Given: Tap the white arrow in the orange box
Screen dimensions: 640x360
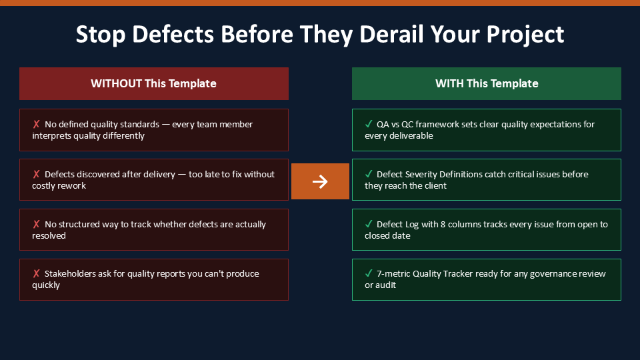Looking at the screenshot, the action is (x=320, y=181).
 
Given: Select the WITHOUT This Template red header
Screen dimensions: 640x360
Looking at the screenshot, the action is (x=154, y=84).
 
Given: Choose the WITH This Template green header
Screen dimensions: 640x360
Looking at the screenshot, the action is (x=487, y=84).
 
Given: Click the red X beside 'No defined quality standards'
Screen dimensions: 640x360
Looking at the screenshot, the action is (x=36, y=124).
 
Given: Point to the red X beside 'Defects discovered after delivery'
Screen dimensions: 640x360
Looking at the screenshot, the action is (x=36, y=174).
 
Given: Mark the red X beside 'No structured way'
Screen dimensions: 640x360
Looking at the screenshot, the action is (x=36, y=224).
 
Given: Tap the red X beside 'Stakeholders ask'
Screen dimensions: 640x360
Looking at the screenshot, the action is (x=36, y=273).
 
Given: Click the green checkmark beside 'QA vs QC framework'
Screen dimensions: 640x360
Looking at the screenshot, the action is (x=369, y=124).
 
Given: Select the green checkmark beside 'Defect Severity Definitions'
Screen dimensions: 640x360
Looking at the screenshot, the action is (x=369, y=174).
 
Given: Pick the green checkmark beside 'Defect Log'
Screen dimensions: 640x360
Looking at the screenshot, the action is (x=369, y=224).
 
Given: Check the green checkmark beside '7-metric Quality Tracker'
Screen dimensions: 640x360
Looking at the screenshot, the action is (x=369, y=273).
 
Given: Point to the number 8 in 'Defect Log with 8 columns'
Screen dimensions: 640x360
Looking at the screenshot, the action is (x=443, y=224).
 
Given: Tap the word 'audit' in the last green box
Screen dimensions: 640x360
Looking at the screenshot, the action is (x=386, y=285).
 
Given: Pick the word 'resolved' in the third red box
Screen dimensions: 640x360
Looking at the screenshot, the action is (x=49, y=235).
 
